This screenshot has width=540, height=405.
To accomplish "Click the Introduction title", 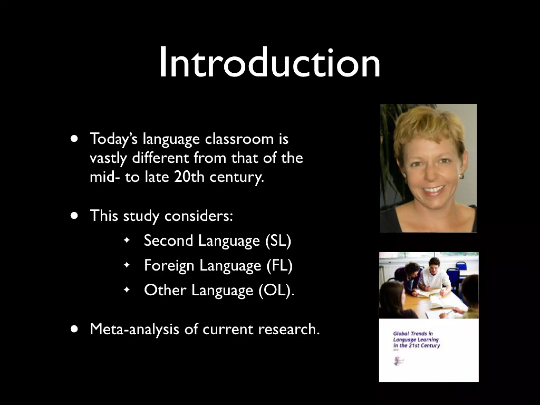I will [269, 62].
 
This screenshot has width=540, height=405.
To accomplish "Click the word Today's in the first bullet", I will [113, 139].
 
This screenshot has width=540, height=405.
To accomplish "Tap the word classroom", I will [239, 139].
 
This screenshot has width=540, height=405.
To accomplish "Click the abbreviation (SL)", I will [278, 240].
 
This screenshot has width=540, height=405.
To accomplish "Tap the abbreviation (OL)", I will [276, 290].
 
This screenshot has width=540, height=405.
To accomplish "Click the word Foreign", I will [169, 265].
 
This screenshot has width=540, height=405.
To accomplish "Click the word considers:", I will [199, 216].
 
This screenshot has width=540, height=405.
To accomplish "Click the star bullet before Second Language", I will [127, 240].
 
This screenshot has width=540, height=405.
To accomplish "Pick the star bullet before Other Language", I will [127, 290].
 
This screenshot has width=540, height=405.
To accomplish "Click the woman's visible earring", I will [461, 176].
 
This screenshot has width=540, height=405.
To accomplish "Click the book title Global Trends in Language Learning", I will [416, 340].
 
